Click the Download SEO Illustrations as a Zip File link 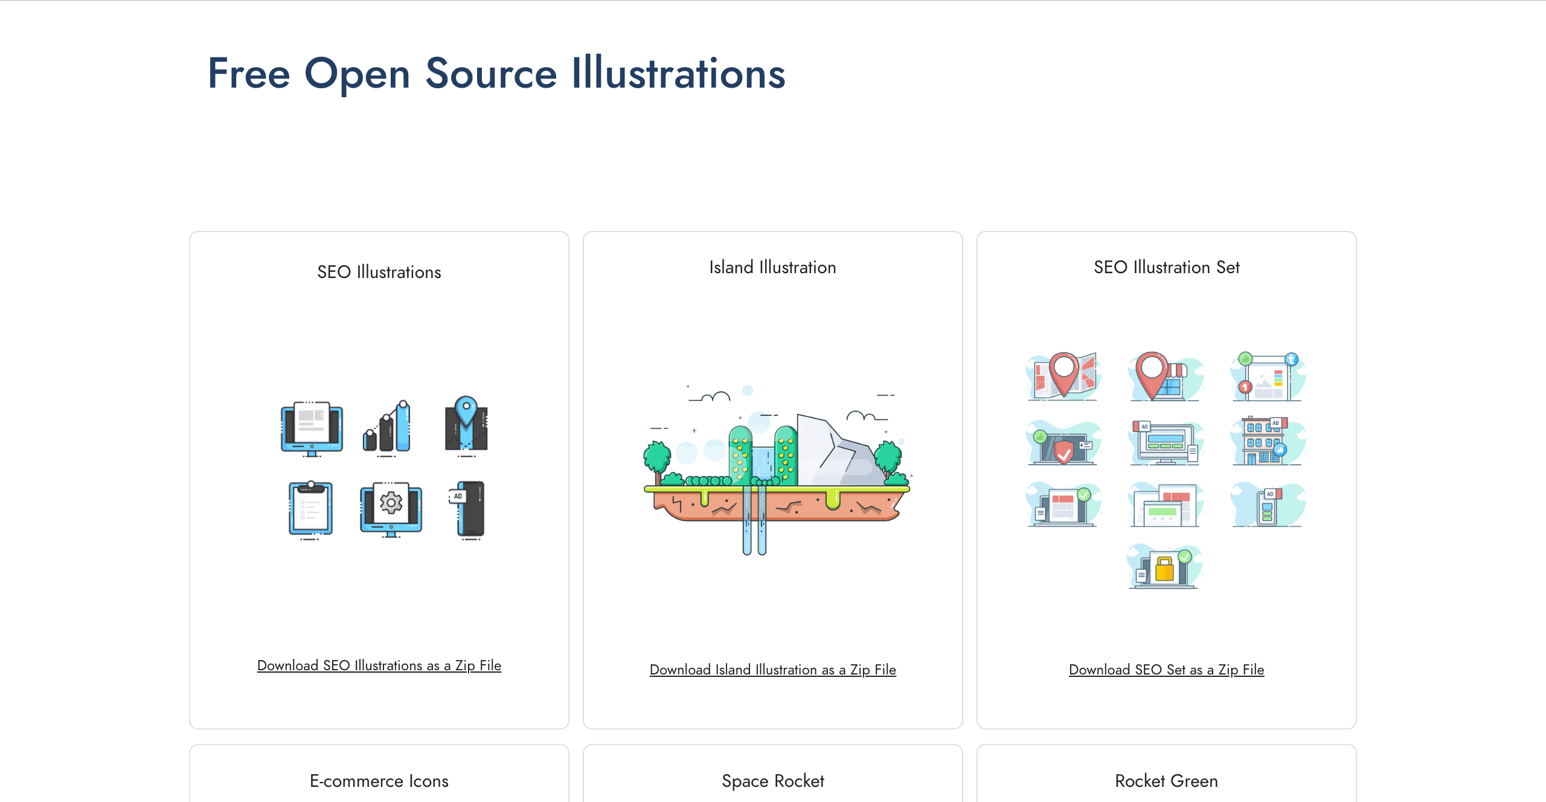click(379, 665)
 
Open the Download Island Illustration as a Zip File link click(772, 670)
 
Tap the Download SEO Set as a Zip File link click(1166, 670)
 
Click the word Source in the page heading click(490, 74)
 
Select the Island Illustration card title click(772, 267)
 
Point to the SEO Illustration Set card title click(1166, 267)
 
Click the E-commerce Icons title click(379, 781)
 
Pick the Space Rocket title click(772, 781)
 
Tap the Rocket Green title click(1166, 781)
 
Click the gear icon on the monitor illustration click(391, 503)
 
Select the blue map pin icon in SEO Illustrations click(466, 411)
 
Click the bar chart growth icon click(387, 427)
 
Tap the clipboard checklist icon click(310, 508)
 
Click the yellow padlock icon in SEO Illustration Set click(1164, 568)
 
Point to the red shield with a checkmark click(1063, 451)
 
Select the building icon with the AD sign click(1263, 441)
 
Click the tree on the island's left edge click(656, 459)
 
